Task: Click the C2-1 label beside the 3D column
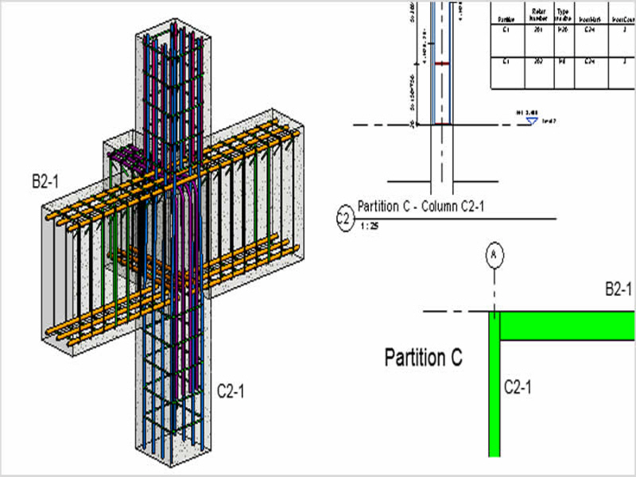click(x=231, y=390)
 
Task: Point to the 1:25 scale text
click(x=370, y=227)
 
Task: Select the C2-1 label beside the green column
click(x=518, y=387)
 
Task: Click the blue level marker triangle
click(x=532, y=120)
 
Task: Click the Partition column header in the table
click(x=507, y=19)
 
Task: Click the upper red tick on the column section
click(x=442, y=64)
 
